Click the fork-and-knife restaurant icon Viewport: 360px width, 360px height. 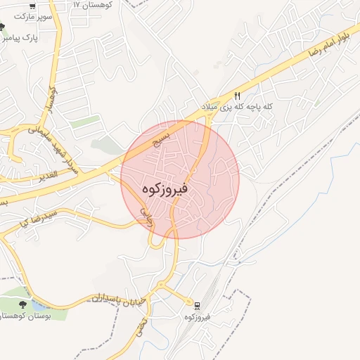pos(238,96)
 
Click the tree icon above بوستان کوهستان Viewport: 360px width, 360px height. pos(23,304)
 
